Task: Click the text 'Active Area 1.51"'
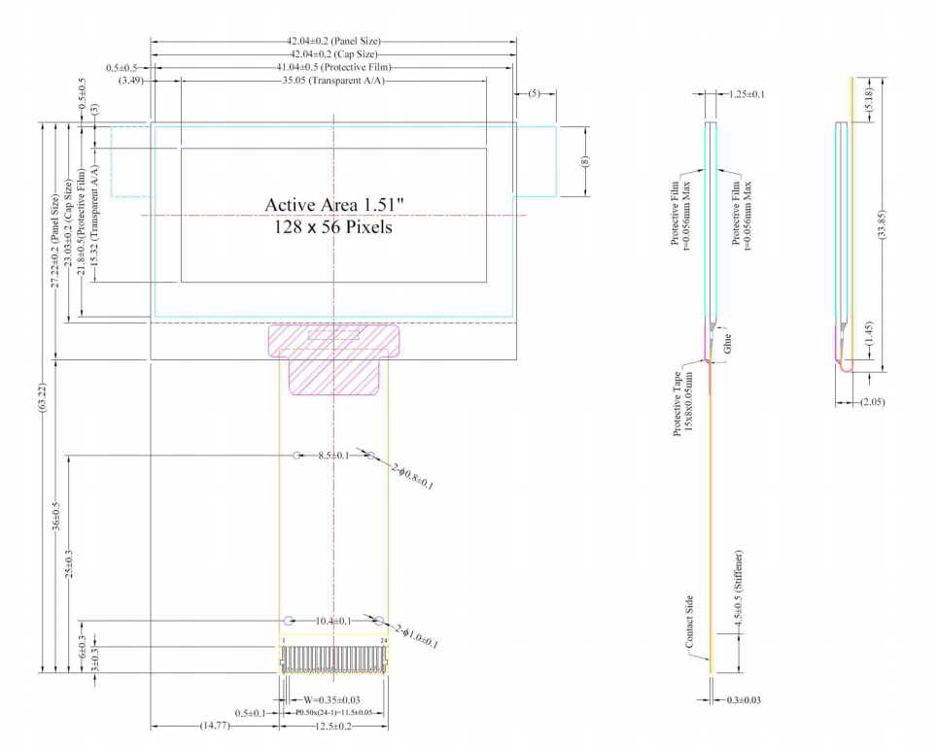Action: point(334,205)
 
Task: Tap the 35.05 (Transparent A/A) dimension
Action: point(333,82)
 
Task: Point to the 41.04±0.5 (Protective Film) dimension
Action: point(333,68)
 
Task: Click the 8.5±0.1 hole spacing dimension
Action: point(334,455)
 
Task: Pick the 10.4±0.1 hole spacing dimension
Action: point(334,621)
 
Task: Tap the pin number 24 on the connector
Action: point(384,641)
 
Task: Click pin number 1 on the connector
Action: point(283,641)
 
